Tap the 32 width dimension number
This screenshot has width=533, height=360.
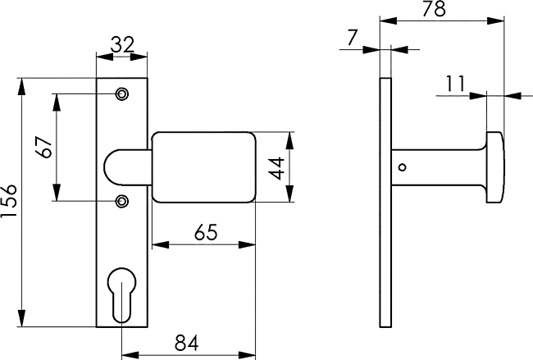pyautogui.click(x=123, y=44)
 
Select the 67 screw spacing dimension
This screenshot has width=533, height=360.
pyautogui.click(x=44, y=147)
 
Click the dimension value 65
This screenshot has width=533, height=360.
pyautogui.click(x=205, y=233)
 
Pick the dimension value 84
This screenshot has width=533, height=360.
pyautogui.click(x=187, y=343)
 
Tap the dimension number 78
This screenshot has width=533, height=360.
pyautogui.click(x=434, y=9)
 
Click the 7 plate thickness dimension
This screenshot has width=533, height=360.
pyautogui.click(x=353, y=38)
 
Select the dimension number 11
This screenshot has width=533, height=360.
pyautogui.click(x=455, y=84)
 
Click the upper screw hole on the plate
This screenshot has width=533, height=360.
pyautogui.click(x=121, y=93)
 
